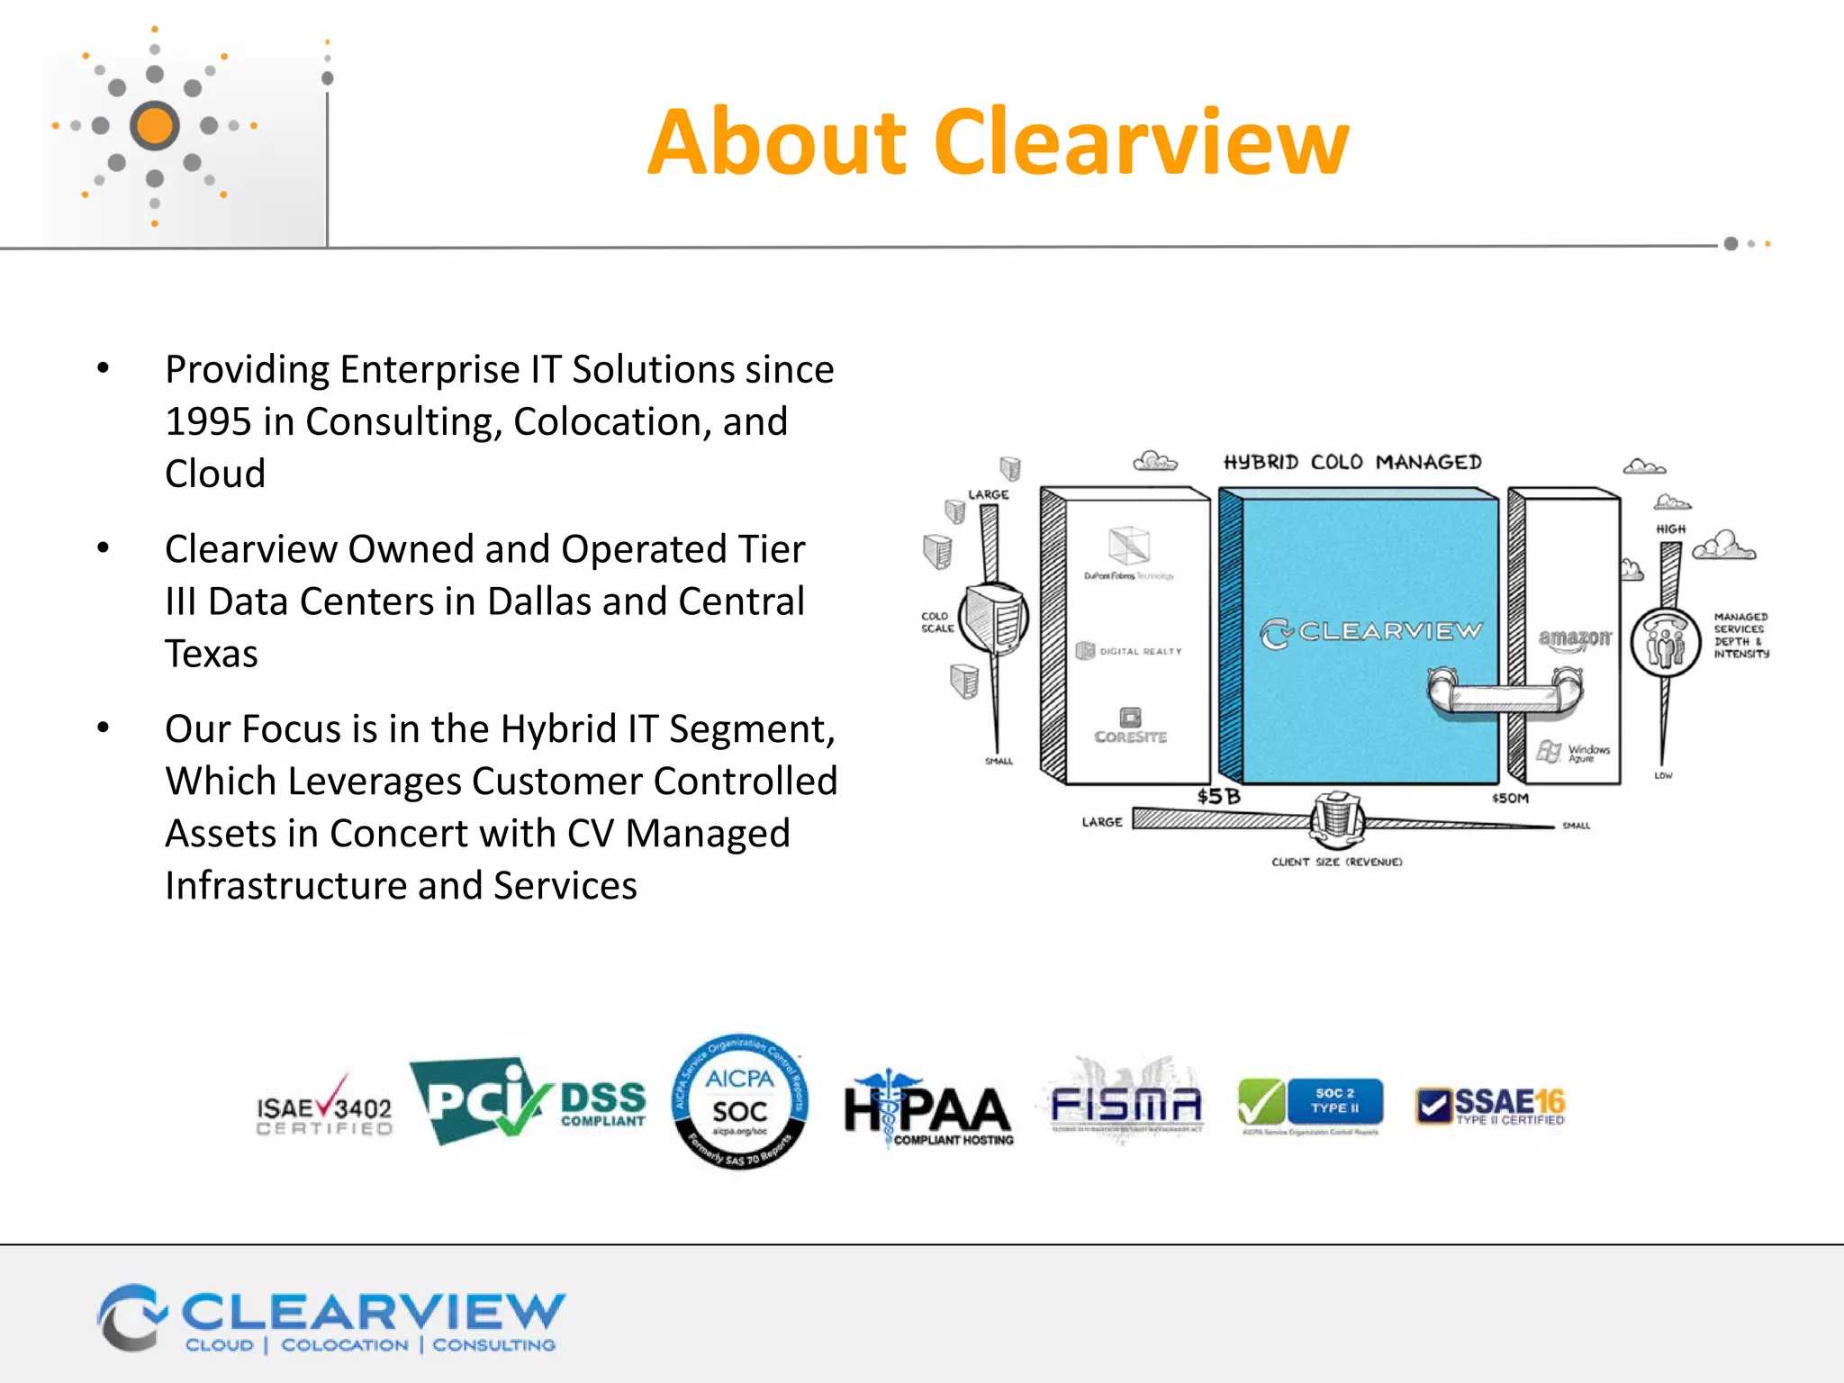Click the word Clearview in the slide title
1141,142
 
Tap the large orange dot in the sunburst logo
155,126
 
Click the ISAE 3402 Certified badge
324,1107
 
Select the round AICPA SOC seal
740,1101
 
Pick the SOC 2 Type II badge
1310,1103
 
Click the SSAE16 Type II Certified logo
1490,1106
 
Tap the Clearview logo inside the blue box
1370,632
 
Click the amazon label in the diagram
1574,638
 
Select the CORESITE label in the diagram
1131,737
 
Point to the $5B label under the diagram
1218,797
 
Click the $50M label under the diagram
1510,798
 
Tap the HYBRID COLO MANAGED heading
1351,463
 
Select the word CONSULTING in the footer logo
493,1345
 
